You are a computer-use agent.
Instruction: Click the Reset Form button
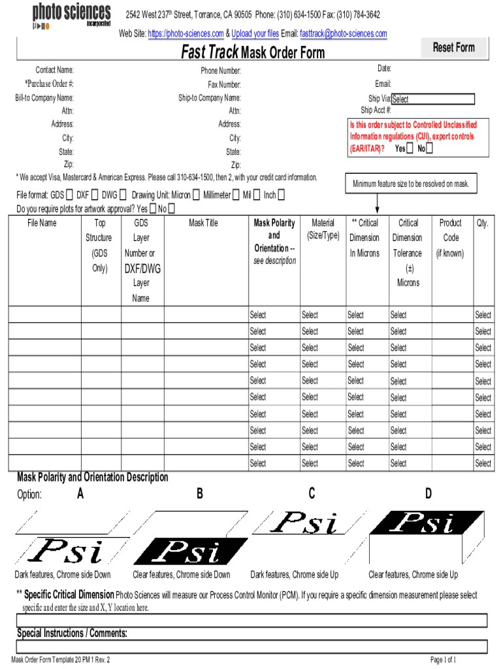(454, 48)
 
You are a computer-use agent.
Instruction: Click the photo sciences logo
(71, 15)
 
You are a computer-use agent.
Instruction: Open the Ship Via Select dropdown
(432, 99)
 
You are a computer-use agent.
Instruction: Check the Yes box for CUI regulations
(409, 148)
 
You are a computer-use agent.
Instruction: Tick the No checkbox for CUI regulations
(429, 148)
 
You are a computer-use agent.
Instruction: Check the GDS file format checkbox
(69, 195)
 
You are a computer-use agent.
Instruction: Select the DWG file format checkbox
(123, 195)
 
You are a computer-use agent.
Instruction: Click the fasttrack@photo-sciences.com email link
(343, 33)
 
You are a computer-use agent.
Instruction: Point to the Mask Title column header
(203, 223)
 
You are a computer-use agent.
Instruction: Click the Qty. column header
(482, 223)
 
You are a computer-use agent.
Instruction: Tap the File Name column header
(42, 223)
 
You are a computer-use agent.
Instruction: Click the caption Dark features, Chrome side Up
(295, 575)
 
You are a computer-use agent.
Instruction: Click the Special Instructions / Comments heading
(72, 633)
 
